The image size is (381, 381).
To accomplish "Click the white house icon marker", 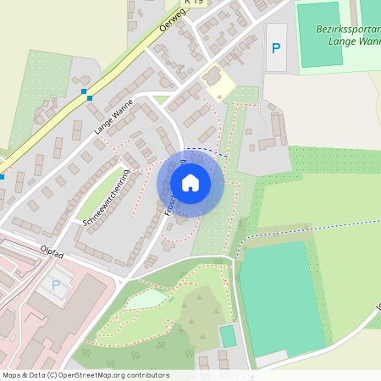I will click(190, 183).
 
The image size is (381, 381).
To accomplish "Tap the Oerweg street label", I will click(172, 25).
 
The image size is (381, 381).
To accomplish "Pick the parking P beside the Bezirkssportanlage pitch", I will click(275, 47).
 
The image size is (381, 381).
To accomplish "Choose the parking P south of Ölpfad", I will click(57, 285).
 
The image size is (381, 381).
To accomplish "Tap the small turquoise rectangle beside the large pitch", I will click(227, 335).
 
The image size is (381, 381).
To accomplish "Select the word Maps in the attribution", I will click(12, 374).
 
